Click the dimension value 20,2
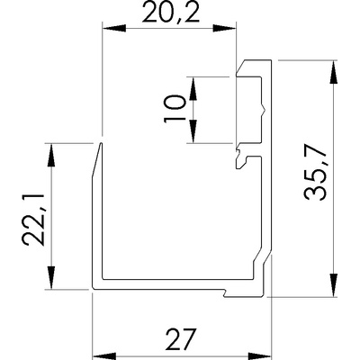[171, 12]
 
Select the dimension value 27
[181, 339]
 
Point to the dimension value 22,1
[33, 220]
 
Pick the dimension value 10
[175, 109]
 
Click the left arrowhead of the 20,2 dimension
[114, 29]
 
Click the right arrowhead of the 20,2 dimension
[224, 29]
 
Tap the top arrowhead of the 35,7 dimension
[333, 72]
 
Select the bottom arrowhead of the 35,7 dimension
[333, 285]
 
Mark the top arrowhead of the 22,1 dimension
[51, 155]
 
